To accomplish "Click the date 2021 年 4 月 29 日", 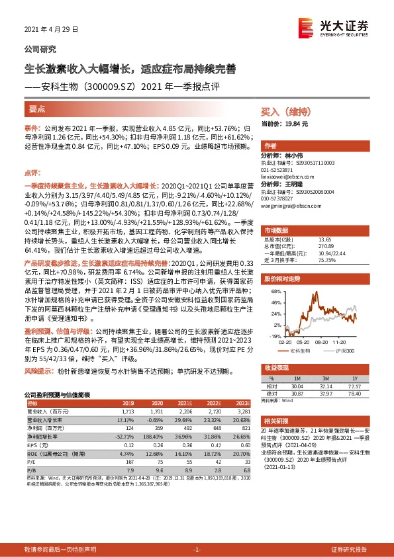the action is pos(51,30).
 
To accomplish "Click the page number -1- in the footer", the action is pos(196,550).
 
